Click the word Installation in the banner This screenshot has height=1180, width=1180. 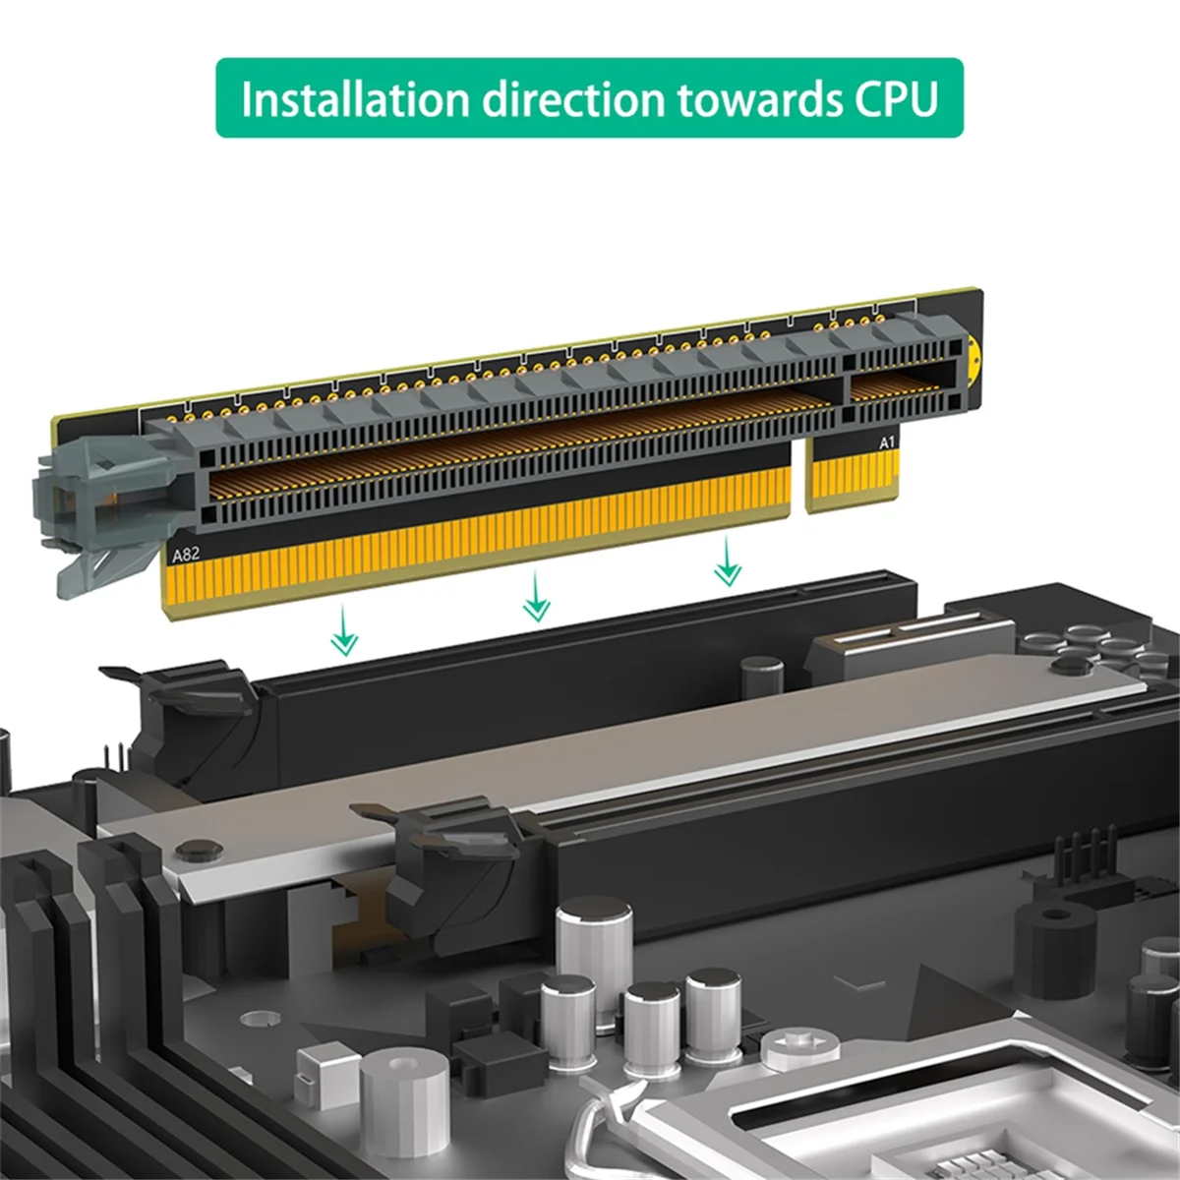pos(354,99)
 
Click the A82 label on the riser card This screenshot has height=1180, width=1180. pos(186,555)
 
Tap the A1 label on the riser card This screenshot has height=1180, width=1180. pos(887,443)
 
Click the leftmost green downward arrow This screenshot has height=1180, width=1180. pos(343,630)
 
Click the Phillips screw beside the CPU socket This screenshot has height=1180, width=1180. pos(799,1048)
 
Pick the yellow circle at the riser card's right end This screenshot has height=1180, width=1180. pos(973,360)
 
